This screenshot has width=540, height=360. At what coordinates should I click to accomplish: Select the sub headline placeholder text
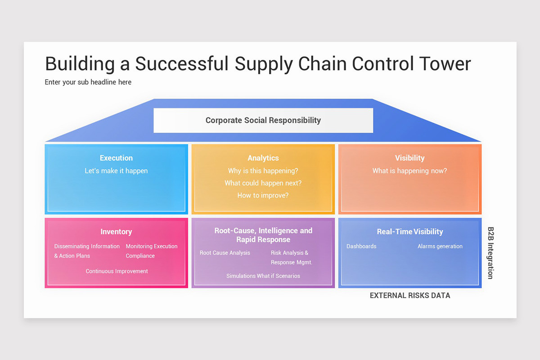pos(88,82)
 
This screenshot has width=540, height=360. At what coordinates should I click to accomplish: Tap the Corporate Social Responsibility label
pos(263,120)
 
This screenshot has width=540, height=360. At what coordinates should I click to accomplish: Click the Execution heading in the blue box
pos(116,158)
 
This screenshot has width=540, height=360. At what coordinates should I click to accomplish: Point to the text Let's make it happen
pos(116,171)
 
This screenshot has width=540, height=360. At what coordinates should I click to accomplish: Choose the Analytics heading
pos(263,158)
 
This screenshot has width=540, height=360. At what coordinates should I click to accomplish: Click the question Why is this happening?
pos(263,171)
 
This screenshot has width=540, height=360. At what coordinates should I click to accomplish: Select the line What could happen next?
pos(263,183)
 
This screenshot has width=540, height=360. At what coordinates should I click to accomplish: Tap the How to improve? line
pos(263,195)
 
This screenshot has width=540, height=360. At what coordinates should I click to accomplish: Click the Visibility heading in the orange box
pos(409,158)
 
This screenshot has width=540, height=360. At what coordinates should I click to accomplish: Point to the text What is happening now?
pos(409,171)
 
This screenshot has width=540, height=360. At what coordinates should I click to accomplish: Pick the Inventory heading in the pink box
pos(116,232)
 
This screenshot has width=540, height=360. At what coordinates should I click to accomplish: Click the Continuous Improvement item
pos(117,271)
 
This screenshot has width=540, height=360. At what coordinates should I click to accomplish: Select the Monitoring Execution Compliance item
pos(151,251)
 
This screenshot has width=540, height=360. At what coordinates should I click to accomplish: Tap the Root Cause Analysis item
pos(225,253)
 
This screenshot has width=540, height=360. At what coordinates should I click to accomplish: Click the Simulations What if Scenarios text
pos(263,276)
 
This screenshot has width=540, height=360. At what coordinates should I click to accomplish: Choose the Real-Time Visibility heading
pos(409,232)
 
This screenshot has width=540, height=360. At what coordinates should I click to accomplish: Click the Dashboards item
pos(361,247)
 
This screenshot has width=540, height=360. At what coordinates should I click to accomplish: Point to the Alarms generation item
pos(440,247)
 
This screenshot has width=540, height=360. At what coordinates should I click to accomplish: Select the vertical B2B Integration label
pos(490,252)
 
